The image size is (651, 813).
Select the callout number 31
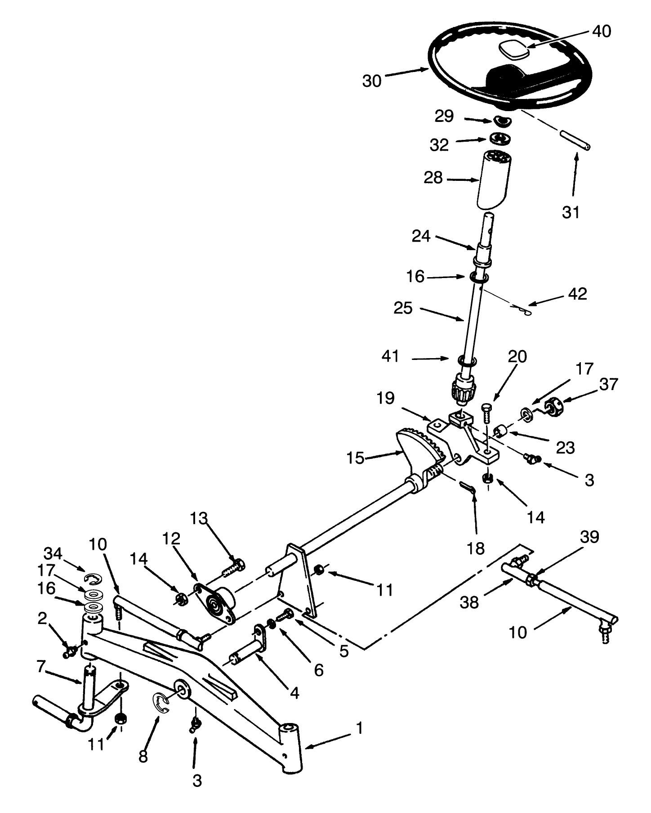(571, 211)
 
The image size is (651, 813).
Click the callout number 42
(577, 294)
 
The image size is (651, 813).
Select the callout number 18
(476, 548)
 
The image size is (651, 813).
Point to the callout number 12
(171, 539)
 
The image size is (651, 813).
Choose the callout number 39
(589, 538)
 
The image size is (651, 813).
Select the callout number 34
(53, 553)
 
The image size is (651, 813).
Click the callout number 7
(42, 667)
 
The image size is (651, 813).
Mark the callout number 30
(372, 81)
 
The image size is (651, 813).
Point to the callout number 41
(390, 356)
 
